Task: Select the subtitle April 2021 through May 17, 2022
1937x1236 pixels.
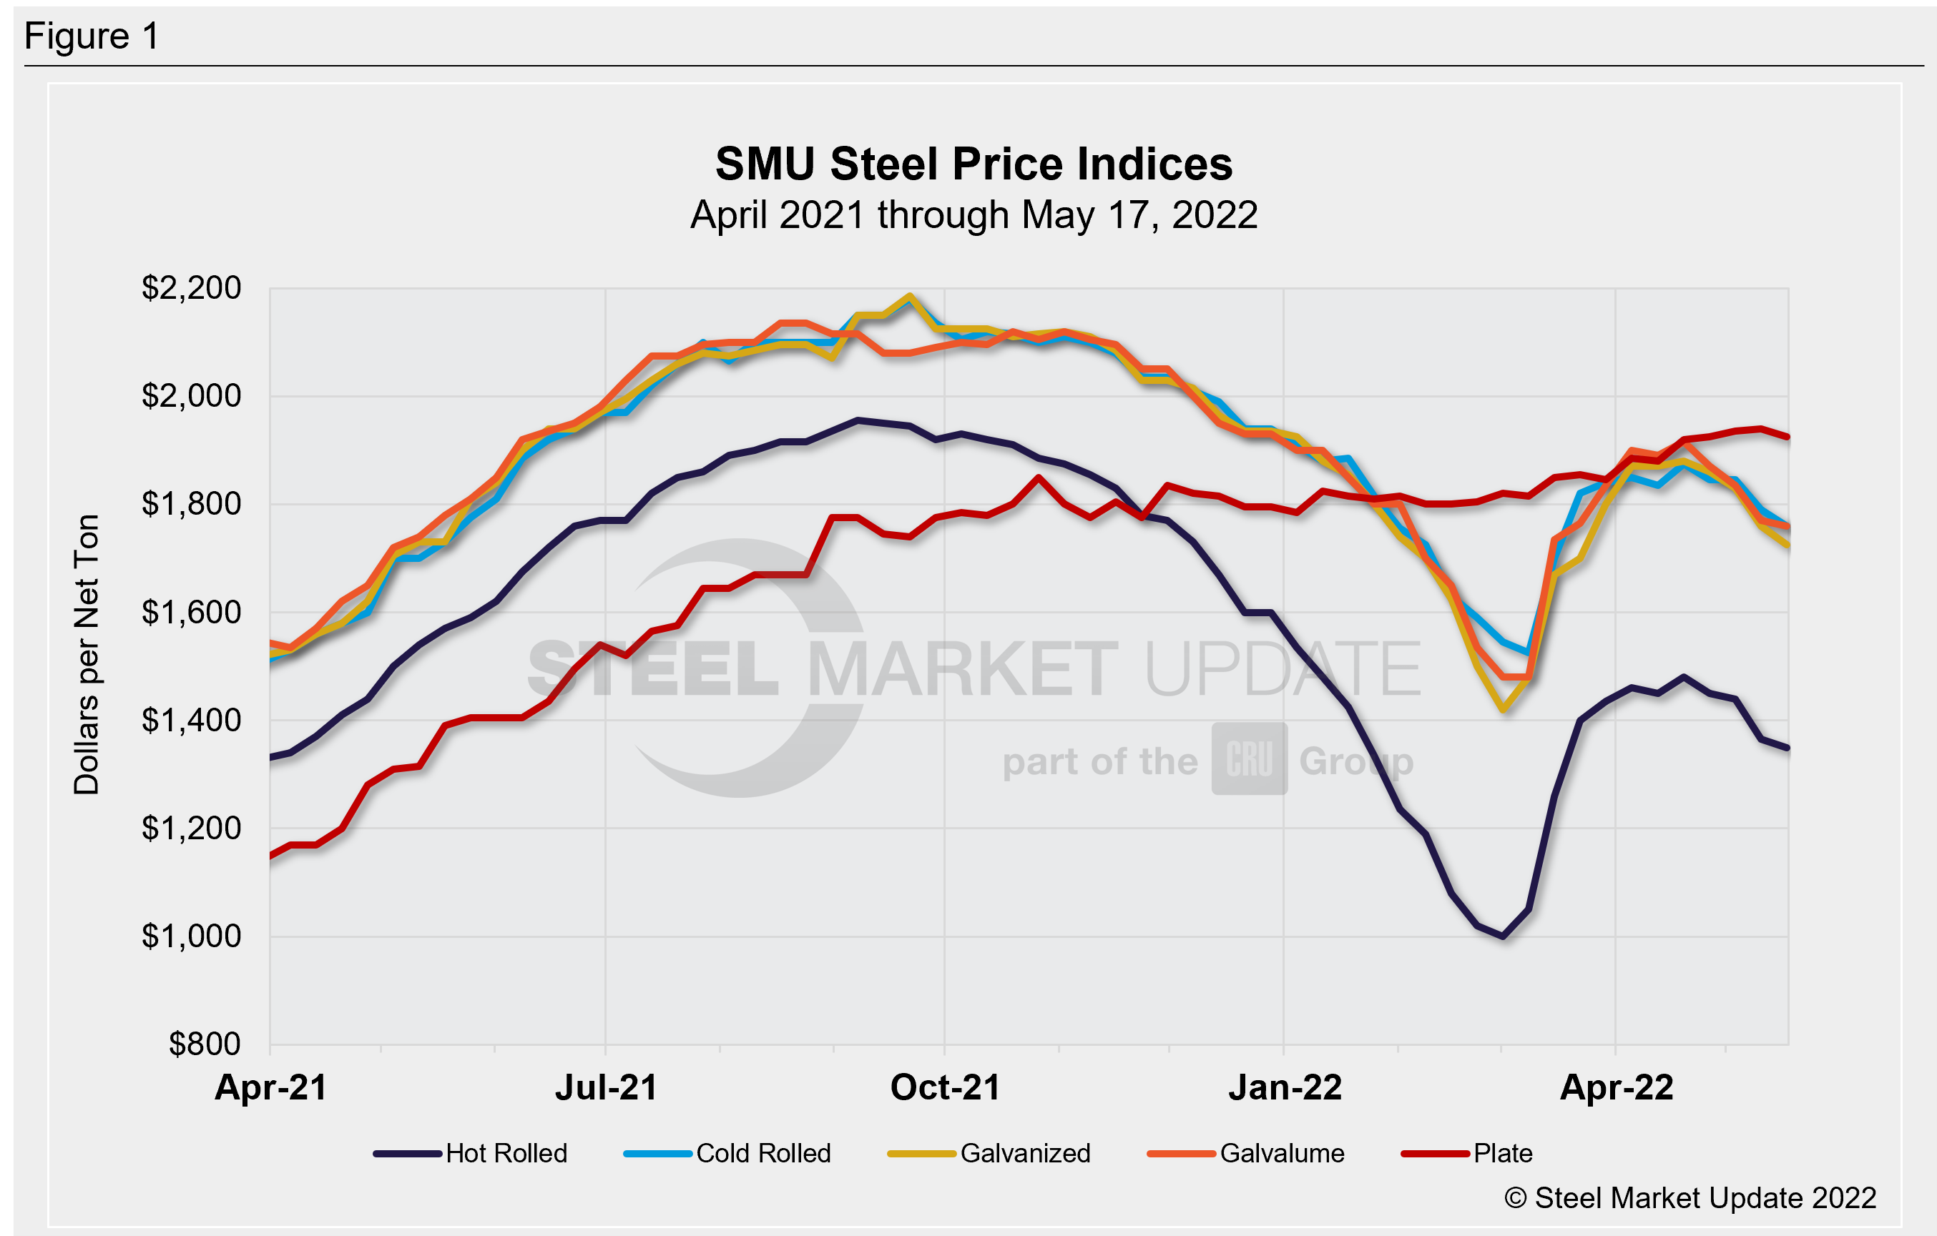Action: point(974,215)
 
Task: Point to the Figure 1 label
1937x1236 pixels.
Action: point(92,37)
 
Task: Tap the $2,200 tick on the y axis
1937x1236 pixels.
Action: point(192,288)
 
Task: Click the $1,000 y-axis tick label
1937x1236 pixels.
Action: point(192,936)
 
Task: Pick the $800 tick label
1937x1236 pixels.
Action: point(205,1044)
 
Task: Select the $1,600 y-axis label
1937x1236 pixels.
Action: point(192,612)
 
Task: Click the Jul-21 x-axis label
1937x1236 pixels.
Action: point(606,1088)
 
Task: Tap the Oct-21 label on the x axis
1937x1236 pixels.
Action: point(945,1088)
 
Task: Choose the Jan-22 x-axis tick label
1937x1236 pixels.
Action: point(1285,1088)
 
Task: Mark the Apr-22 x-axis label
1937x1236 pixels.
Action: point(1616,1088)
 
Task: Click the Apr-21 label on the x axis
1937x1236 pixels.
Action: point(271,1088)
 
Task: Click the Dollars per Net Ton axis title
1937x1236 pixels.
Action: point(87,655)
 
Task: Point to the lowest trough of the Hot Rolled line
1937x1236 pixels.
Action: point(1503,936)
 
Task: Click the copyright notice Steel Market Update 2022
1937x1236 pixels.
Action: point(1690,1198)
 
